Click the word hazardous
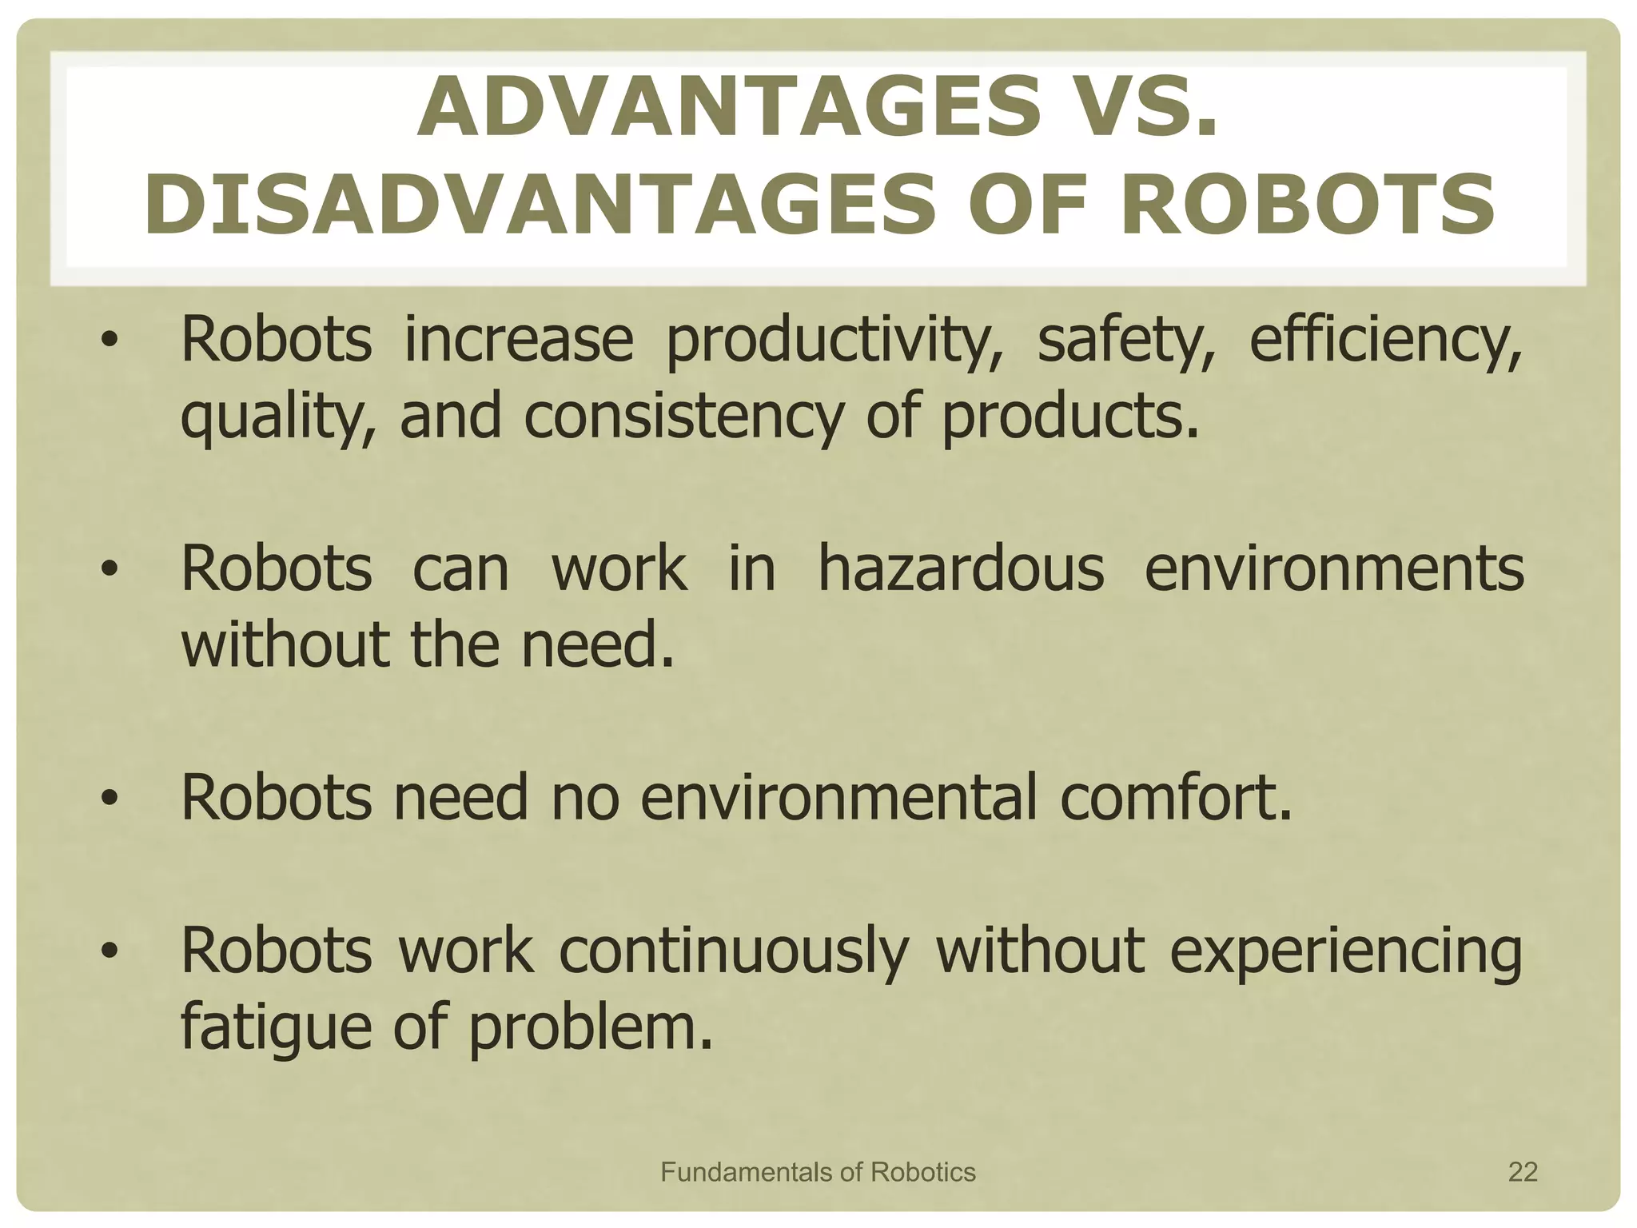[961, 570]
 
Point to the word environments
[1334, 570]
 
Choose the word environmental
[838, 798]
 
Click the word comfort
[1176, 798]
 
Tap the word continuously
[734, 951]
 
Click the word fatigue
[276, 1029]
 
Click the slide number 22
[1523, 1172]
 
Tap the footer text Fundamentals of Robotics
[818, 1172]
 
